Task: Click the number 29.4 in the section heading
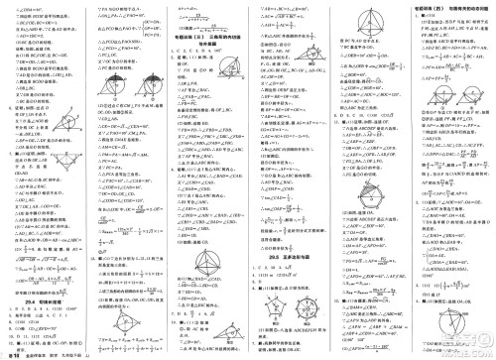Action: (27, 280)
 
